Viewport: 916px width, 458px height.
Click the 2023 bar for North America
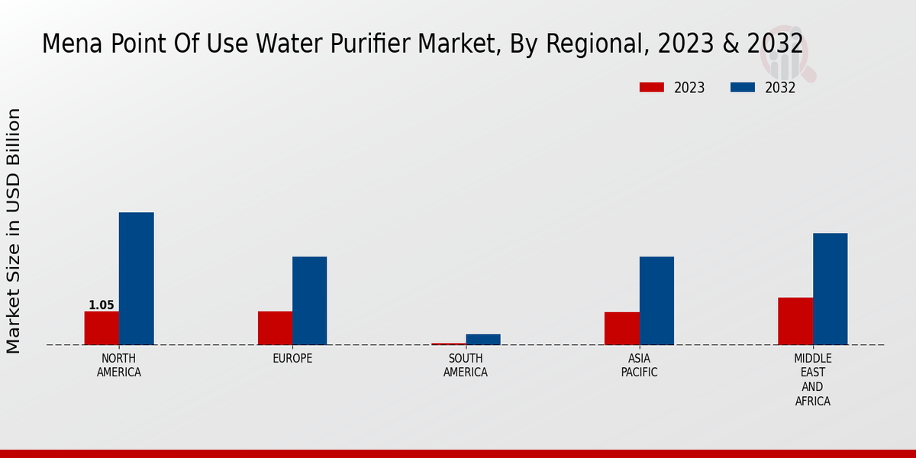(x=102, y=328)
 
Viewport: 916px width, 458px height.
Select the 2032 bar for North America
(x=136, y=279)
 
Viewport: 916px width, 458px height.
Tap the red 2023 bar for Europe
(x=275, y=328)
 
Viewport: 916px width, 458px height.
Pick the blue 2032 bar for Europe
(x=309, y=301)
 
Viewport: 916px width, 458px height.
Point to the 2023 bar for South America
(x=448, y=343)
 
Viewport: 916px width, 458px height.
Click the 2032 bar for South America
(x=483, y=340)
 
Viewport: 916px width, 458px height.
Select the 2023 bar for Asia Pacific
(x=621, y=328)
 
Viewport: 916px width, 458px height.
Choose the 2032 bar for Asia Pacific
(x=656, y=301)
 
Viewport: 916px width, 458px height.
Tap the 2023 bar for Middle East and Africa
(x=795, y=321)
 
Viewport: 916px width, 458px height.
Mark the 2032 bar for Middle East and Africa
(x=830, y=289)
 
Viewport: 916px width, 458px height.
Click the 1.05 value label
(x=102, y=305)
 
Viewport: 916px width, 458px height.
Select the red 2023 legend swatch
(x=652, y=88)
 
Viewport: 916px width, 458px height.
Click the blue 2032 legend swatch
(x=743, y=88)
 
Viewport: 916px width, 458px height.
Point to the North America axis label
(x=119, y=366)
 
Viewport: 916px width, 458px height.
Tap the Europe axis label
(x=292, y=359)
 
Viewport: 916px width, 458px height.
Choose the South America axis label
(x=466, y=366)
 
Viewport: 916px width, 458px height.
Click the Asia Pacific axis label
(x=639, y=366)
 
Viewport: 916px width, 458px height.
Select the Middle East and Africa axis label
(x=813, y=380)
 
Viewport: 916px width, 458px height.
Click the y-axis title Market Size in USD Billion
(x=14, y=231)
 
